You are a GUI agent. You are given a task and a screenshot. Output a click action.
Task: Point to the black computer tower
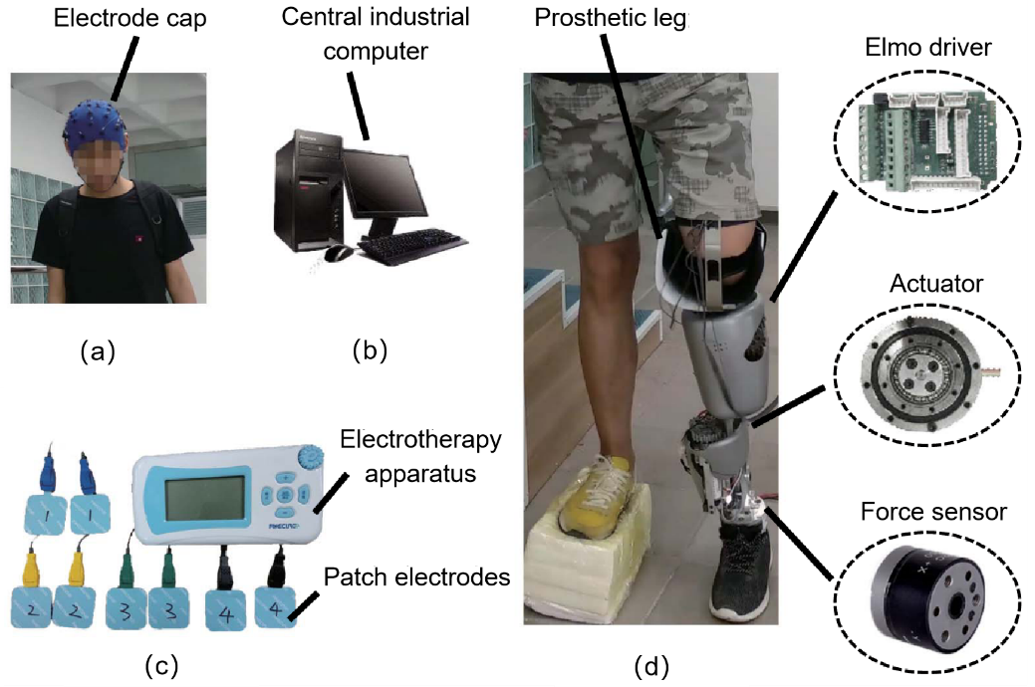310,195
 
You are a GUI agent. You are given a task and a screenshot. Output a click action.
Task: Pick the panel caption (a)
98,349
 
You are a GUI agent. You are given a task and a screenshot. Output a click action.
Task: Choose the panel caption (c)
161,664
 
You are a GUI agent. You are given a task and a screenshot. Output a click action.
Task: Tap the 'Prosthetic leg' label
613,20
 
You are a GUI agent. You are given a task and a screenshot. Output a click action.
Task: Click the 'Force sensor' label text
934,512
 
